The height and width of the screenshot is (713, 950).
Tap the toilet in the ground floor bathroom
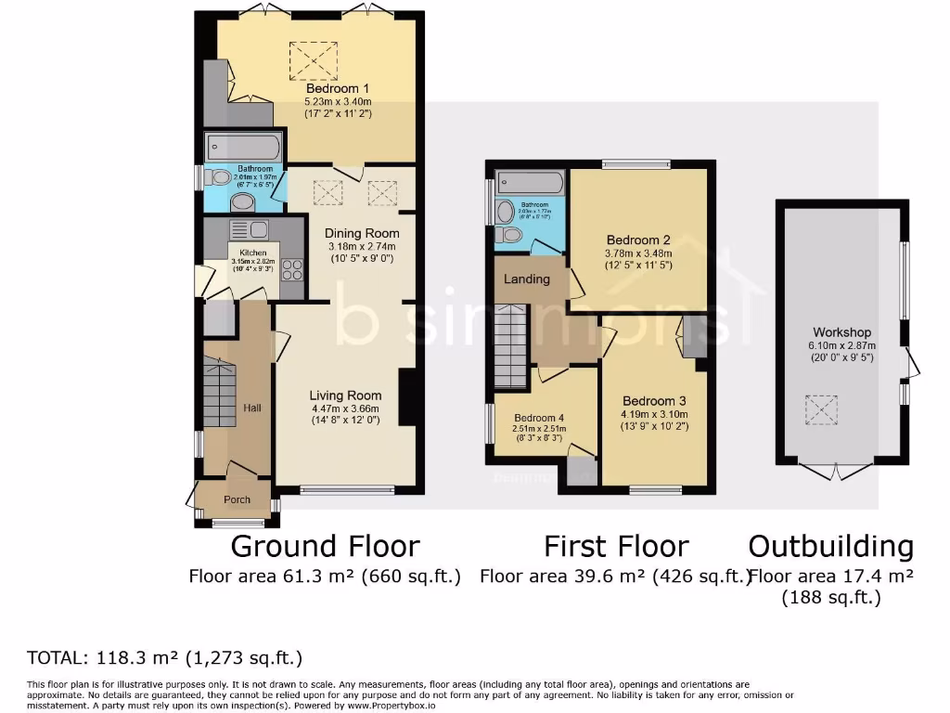click(x=221, y=178)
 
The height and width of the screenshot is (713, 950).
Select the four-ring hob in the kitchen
click(x=291, y=269)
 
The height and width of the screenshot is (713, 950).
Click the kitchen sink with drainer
click(x=247, y=229)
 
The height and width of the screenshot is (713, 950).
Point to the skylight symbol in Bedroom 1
click(x=307, y=61)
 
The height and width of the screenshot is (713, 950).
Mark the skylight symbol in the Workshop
click(x=819, y=409)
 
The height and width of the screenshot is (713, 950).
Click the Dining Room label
click(x=362, y=233)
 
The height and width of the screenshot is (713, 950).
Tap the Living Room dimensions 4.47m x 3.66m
click(x=346, y=408)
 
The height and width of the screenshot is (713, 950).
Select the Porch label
click(x=237, y=499)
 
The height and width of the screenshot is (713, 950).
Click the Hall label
click(x=251, y=408)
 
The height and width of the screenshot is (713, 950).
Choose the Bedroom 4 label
click(x=539, y=418)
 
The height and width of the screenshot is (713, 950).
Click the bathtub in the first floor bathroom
click(x=530, y=181)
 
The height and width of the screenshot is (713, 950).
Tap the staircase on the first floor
click(x=510, y=350)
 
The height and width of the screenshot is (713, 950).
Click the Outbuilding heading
click(x=830, y=546)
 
